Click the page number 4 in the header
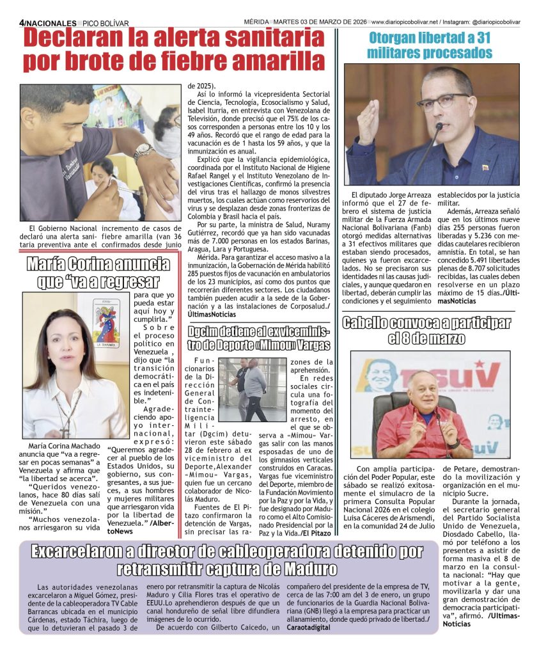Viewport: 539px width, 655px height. click(22, 21)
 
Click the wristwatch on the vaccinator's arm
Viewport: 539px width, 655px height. click(144, 152)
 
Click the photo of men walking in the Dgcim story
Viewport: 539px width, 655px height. click(251, 390)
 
